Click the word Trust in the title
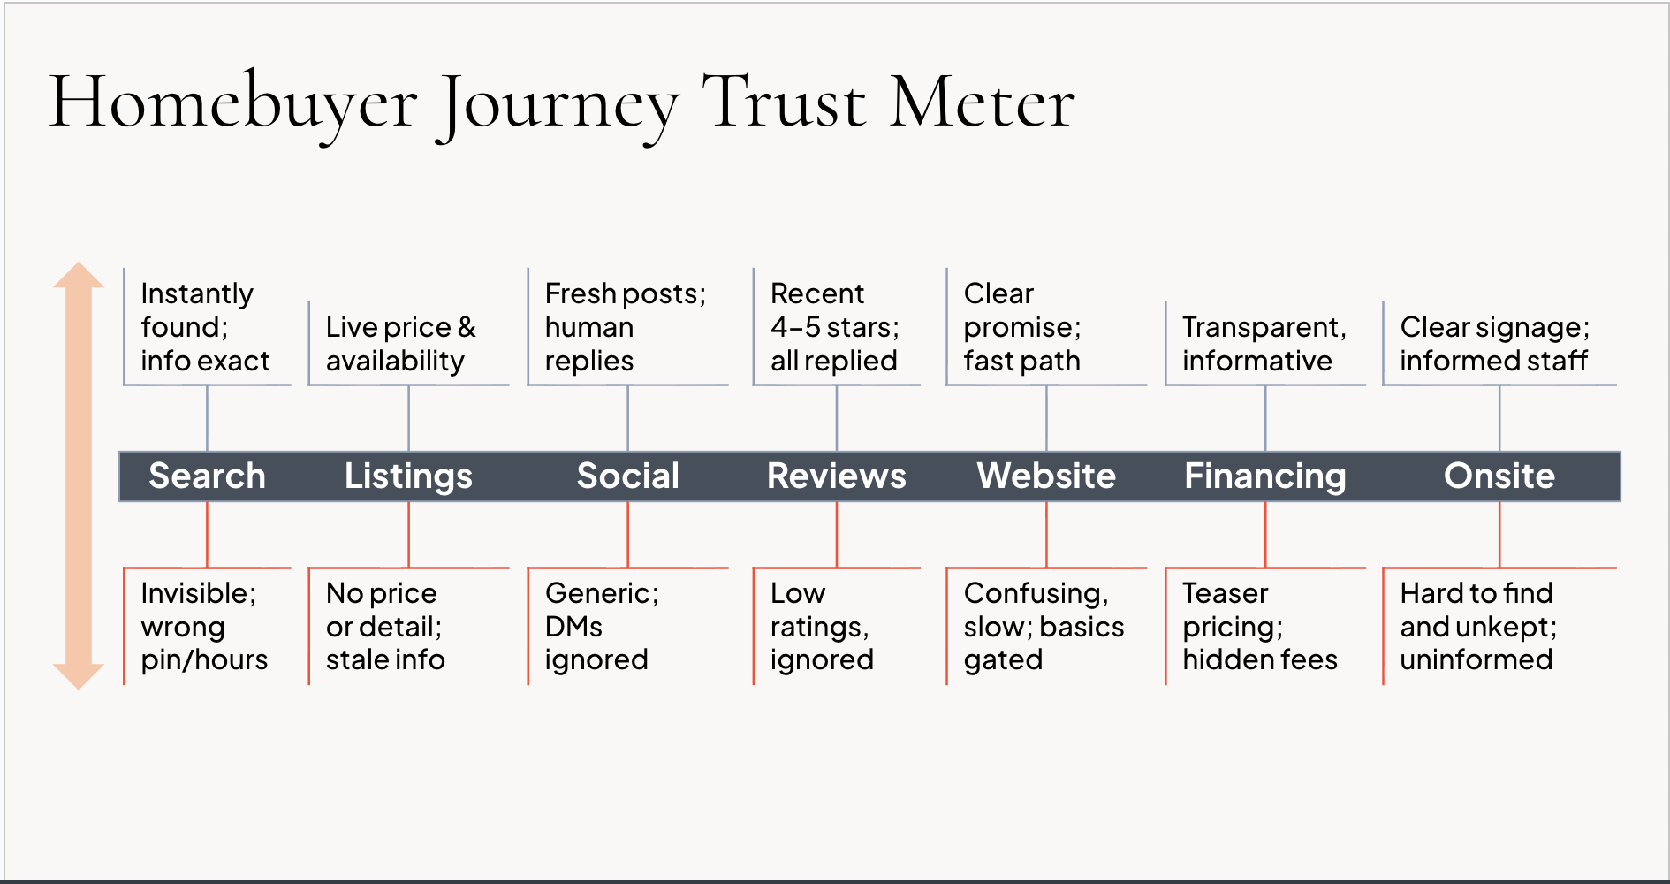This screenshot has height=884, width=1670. tap(783, 103)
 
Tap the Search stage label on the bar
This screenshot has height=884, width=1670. tap(207, 476)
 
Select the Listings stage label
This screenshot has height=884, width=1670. tap(408, 476)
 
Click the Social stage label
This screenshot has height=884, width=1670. tap(627, 476)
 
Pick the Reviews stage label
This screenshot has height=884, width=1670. tap(836, 476)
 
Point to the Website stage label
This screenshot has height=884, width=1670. tap(1046, 476)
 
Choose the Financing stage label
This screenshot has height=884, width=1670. tap(1264, 476)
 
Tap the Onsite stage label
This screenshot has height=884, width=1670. tap(1499, 476)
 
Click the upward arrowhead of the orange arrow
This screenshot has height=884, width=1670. tap(79, 276)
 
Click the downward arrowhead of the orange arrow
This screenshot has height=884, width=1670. tap(79, 675)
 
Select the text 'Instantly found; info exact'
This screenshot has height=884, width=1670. tap(205, 327)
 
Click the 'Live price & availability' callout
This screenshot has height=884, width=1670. tap(400, 344)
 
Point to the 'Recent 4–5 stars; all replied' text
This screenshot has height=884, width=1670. tap(834, 327)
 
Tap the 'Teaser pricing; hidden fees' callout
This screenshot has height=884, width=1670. tap(1259, 626)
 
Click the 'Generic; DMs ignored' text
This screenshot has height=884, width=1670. tap(601, 626)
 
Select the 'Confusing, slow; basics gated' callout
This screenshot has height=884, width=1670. tap(1043, 626)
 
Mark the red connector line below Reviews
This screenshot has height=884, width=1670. tap(837, 534)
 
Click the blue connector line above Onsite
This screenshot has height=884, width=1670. tap(1499, 418)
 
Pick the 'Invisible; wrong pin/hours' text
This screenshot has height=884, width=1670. tap(203, 626)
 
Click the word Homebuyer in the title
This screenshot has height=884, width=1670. tap(232, 103)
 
